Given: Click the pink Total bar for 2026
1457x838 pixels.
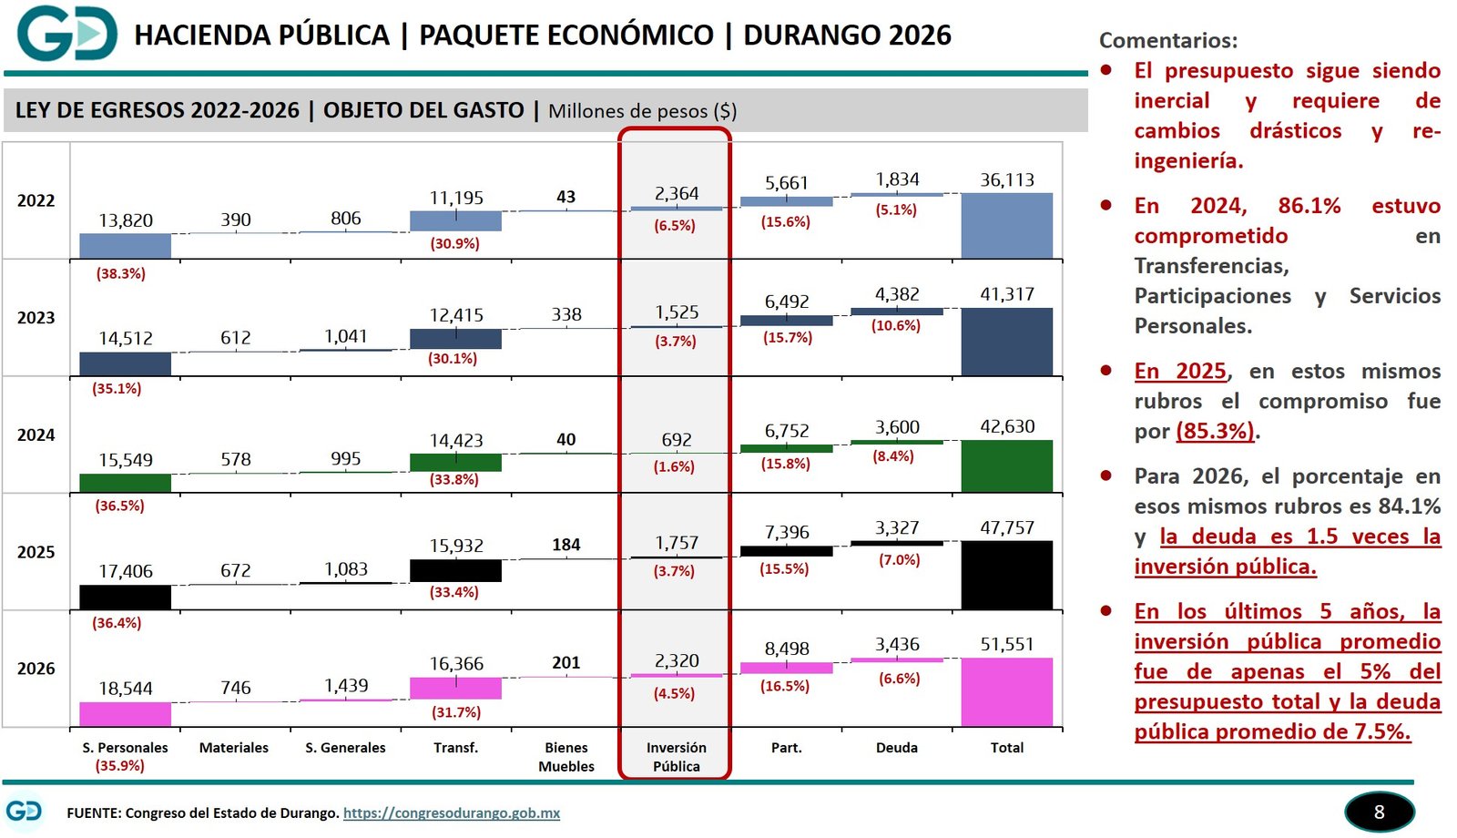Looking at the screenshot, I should tap(1006, 691).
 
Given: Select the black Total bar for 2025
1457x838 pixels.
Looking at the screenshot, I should tap(1006, 575).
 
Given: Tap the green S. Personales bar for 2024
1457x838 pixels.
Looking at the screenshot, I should tap(125, 483).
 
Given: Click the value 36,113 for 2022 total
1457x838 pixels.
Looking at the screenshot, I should tap(1006, 180).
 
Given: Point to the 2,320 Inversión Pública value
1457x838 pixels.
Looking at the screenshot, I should tap(677, 661).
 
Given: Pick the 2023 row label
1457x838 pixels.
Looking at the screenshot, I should tap(36, 318).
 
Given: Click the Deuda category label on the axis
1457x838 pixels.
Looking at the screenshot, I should tap(896, 748).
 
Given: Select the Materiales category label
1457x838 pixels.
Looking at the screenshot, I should tap(234, 748).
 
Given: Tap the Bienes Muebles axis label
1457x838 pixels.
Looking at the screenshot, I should tap(565, 757).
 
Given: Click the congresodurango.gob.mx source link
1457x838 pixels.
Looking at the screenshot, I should tap(451, 813).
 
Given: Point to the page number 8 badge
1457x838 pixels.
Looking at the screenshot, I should tap(1379, 812).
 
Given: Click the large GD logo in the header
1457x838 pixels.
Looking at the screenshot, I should tap(66, 34).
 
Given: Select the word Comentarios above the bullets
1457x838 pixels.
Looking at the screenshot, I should tap(1167, 41).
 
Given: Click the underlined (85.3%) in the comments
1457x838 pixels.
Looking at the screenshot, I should tap(1215, 431).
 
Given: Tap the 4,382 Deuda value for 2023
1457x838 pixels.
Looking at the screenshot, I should tap(897, 294).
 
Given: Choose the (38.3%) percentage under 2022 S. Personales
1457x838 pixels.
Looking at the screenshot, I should tap(120, 273).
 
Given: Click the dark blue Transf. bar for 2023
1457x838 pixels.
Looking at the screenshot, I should tap(455, 339).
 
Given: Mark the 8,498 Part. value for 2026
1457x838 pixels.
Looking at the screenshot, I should tap(787, 649).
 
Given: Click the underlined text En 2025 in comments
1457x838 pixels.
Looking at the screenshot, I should tap(1180, 371).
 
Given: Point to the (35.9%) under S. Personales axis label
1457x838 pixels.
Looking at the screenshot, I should tap(120, 766).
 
